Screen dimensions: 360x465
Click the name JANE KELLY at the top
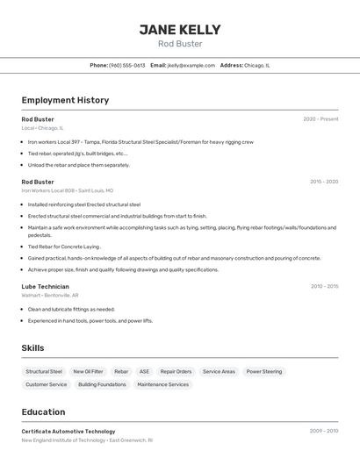(180, 30)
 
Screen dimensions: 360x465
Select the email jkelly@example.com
(191, 65)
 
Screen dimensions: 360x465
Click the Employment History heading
(65, 100)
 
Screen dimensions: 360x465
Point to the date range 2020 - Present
(320, 119)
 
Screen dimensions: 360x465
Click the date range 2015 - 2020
(323, 182)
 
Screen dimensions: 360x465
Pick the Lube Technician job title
(45, 286)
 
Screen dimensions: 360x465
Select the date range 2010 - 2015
(324, 286)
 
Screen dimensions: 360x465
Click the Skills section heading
(32, 348)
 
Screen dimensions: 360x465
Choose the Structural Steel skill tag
(44, 372)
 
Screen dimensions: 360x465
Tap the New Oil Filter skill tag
(88, 372)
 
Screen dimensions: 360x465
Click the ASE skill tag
(144, 372)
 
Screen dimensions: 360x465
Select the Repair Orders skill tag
(176, 372)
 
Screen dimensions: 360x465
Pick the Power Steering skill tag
(264, 372)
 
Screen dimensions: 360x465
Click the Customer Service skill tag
(47, 384)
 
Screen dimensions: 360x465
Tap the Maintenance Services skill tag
(162, 384)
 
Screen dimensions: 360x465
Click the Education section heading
(43, 412)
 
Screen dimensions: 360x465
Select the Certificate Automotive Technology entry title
(68, 432)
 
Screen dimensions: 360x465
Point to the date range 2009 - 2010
(323, 432)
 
